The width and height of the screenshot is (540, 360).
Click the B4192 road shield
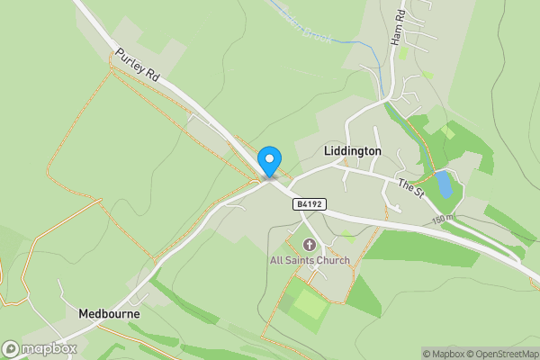308,205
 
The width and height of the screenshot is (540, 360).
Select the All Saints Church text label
309,261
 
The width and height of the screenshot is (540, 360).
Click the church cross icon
310,245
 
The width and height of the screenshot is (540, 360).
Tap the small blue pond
443,184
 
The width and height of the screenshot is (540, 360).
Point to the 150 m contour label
443,219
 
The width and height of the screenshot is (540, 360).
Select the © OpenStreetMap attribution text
500,354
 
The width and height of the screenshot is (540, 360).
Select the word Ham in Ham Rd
395,35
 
